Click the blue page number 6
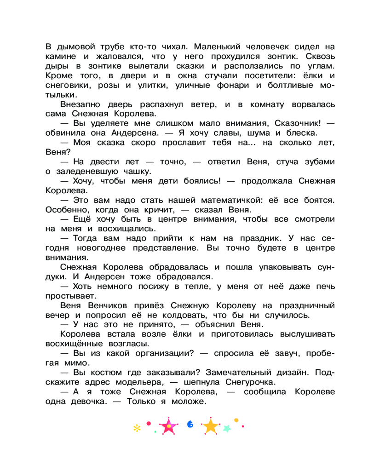pyautogui.click(x=190, y=424)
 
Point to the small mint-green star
pyautogui.click(x=227, y=428)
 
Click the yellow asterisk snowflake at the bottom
pyautogui.click(x=136, y=428)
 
